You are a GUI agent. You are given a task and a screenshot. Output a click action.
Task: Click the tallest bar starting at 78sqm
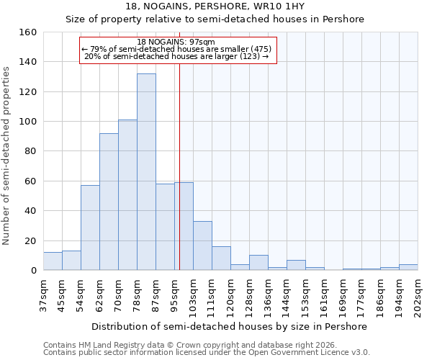tap(146, 172)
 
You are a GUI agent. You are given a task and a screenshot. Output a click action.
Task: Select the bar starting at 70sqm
tap(127, 195)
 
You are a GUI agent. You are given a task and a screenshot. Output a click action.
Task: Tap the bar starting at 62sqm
tap(109, 202)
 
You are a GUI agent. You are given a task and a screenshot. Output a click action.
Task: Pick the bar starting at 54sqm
tap(90, 228)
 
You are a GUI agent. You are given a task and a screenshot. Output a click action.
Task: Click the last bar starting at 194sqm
tap(408, 267)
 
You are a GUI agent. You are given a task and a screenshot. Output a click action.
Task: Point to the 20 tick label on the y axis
tap(30, 240)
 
